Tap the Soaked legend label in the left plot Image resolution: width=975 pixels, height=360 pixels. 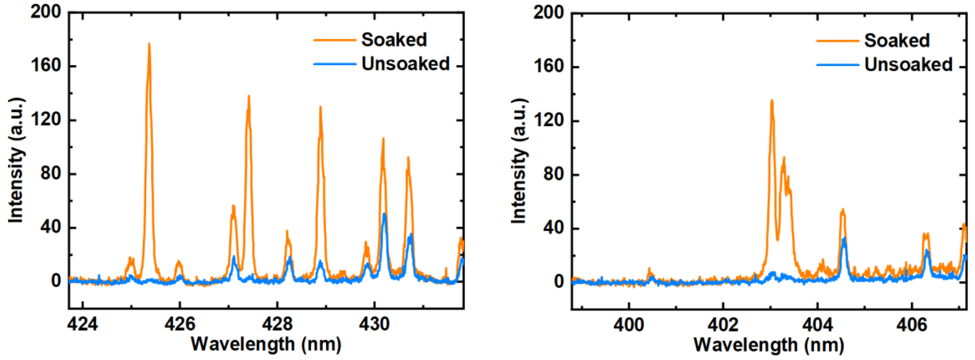pos(394,40)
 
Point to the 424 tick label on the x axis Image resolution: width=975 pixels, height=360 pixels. pos(82,324)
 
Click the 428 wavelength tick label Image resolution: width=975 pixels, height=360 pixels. pos(277,324)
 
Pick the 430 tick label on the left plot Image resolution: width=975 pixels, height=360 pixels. pos(374,324)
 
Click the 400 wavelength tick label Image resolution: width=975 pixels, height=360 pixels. pos(629,325)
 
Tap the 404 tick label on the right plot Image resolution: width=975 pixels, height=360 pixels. pos(818,325)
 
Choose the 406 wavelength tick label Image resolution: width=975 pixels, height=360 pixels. pos(911,325)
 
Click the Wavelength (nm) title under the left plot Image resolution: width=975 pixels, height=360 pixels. pos(266,344)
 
